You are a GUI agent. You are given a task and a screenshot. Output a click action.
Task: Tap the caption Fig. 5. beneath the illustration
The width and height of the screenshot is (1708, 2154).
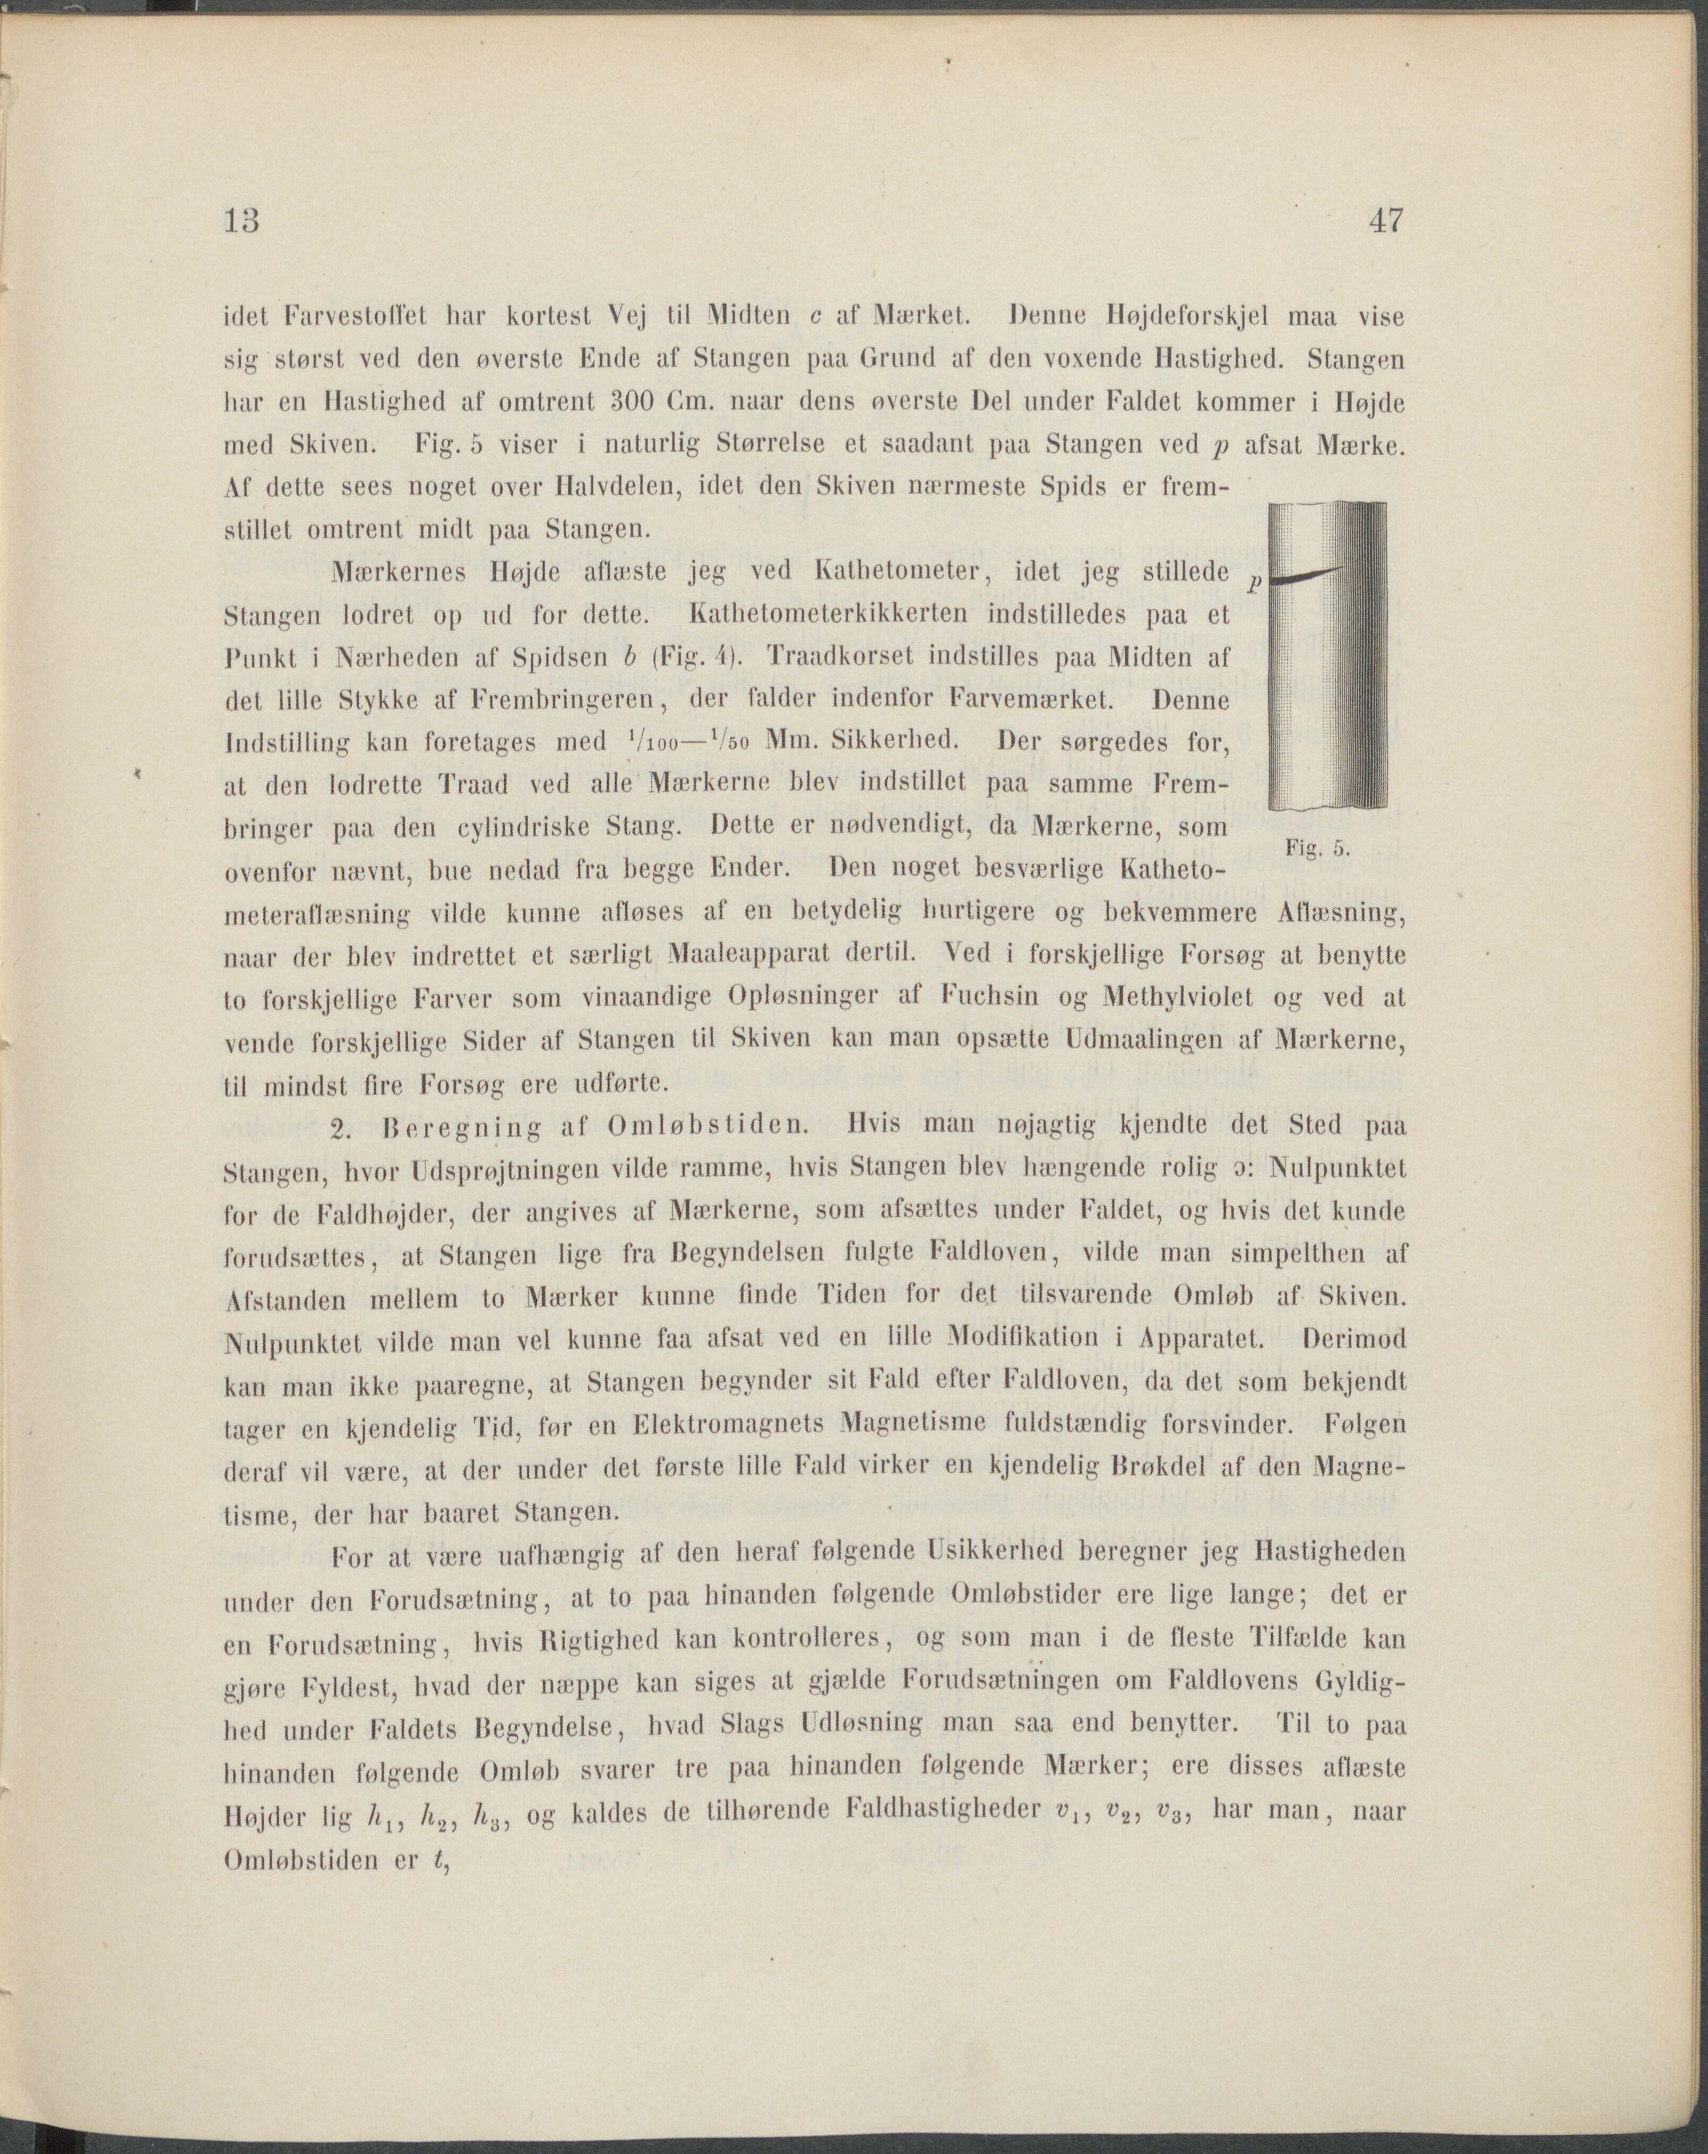point(1318,849)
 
